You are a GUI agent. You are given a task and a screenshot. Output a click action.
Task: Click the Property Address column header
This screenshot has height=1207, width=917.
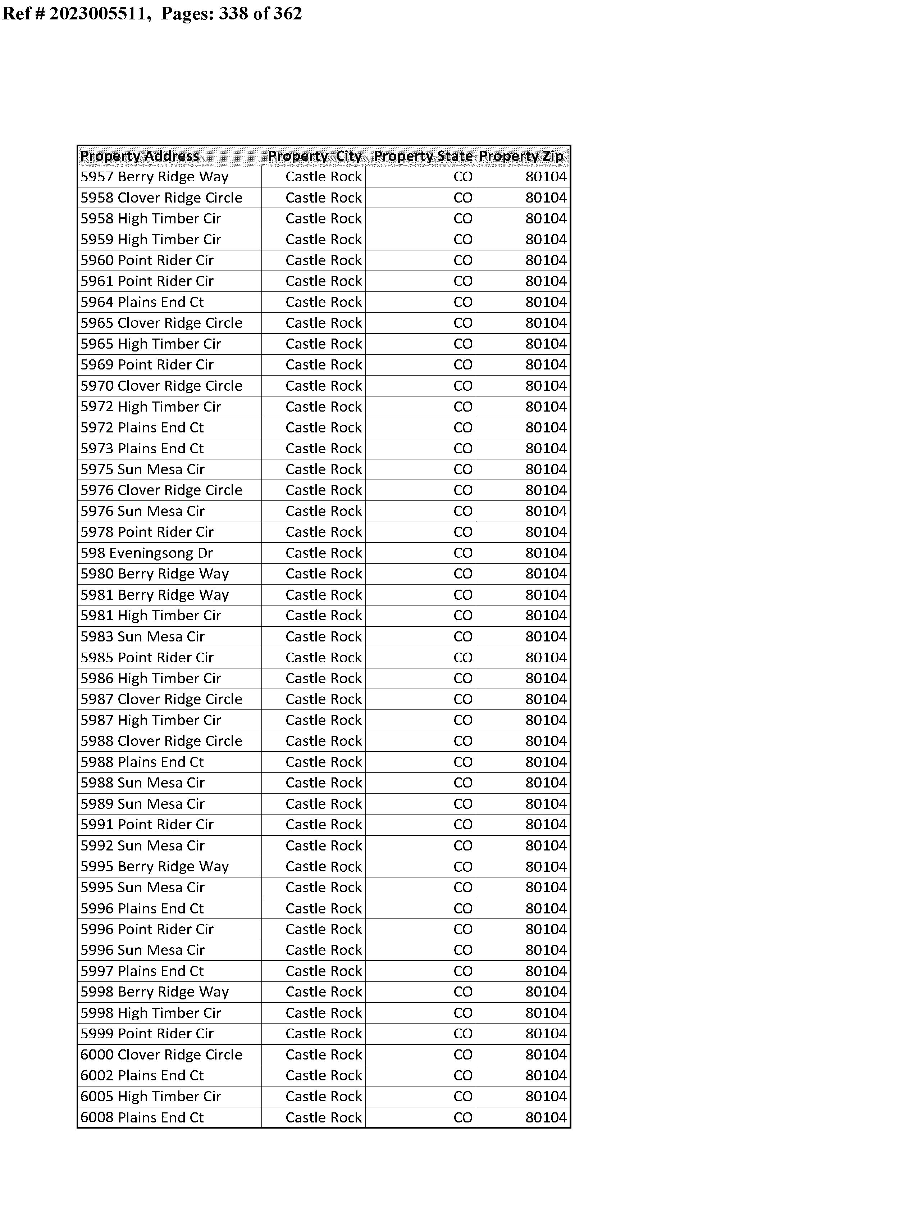click(x=140, y=156)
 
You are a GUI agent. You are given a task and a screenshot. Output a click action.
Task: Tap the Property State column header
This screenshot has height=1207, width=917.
click(x=423, y=156)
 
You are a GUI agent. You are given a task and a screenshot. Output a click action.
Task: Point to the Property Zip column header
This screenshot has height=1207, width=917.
click(x=521, y=156)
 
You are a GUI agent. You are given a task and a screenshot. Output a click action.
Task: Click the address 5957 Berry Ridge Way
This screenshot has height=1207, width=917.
click(x=155, y=177)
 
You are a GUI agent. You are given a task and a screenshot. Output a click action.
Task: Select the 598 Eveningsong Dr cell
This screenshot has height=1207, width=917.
click(x=147, y=553)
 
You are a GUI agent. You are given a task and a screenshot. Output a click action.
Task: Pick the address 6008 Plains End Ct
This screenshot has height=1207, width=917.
click(x=142, y=1117)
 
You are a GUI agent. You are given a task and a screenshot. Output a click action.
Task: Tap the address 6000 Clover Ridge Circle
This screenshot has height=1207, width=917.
click(x=161, y=1055)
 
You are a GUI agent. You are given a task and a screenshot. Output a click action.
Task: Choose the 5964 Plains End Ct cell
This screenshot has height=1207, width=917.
click(x=142, y=302)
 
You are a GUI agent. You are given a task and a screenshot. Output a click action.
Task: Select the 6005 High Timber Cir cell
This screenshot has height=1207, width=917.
click(x=151, y=1097)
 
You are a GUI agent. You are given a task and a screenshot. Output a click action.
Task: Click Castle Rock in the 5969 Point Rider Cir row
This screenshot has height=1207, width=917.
click(x=324, y=365)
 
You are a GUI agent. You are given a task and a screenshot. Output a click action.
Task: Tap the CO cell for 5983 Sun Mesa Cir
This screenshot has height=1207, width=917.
click(x=463, y=636)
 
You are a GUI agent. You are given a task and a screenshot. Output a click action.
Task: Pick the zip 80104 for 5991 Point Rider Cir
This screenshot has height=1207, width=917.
click(x=546, y=824)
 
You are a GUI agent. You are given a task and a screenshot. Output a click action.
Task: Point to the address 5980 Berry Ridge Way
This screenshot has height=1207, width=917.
click(x=155, y=574)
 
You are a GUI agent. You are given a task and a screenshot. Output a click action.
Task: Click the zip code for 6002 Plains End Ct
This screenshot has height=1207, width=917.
click(x=546, y=1075)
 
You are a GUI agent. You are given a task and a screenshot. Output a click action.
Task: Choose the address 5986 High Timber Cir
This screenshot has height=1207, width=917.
click(x=151, y=679)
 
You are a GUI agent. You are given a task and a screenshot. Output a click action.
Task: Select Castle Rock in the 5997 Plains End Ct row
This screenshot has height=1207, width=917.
click(x=324, y=971)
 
